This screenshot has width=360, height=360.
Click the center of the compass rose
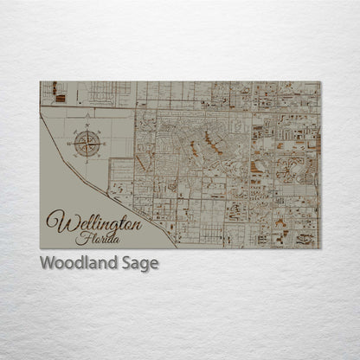(87, 143)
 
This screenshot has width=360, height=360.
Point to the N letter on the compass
(87, 125)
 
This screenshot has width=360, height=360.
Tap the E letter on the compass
(105, 143)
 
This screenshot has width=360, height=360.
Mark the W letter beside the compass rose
(71, 143)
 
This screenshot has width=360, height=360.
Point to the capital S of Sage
(131, 263)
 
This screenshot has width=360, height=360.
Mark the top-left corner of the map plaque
(41, 82)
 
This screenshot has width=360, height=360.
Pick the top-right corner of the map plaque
(320, 82)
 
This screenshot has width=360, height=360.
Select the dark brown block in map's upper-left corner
(54, 87)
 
